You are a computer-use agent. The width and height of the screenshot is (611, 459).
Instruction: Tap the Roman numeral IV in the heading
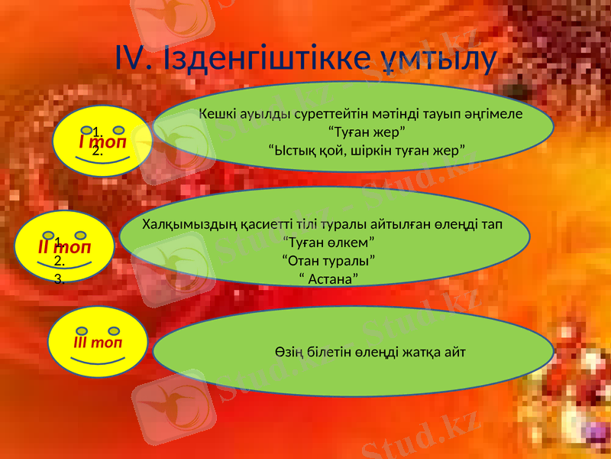click(x=136, y=58)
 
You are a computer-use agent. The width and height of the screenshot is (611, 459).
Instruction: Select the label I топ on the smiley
click(x=103, y=142)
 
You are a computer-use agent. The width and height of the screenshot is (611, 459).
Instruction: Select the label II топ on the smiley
click(x=66, y=248)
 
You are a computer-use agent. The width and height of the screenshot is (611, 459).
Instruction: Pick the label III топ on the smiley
click(x=99, y=342)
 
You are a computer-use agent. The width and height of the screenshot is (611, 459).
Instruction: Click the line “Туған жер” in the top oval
click(x=361, y=131)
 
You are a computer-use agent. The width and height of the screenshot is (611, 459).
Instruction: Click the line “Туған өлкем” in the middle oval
click(x=328, y=243)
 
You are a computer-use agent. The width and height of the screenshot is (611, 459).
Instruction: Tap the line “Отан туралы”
click(x=328, y=260)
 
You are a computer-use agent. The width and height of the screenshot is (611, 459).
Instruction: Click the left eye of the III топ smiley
click(x=81, y=330)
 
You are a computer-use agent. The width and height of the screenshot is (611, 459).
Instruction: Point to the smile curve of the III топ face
click(x=97, y=360)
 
